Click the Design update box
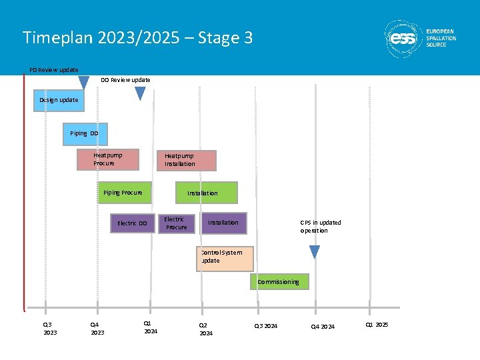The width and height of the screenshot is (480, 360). tap(59, 100)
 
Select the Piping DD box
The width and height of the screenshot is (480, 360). tap(85, 133)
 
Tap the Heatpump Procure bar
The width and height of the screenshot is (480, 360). tap(107, 159)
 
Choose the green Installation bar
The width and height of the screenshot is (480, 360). tap(206, 193)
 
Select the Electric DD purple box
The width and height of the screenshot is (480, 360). tap(133, 223)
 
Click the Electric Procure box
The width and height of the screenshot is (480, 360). tap(177, 223)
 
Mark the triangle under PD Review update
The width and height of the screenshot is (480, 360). tap(84, 83)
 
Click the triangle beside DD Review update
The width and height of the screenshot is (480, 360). tap(140, 93)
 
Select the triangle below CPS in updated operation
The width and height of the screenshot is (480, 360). tap(315, 252)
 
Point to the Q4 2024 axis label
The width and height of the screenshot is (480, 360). tap(323, 326)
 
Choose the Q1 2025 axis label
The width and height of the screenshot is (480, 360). tap(377, 325)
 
